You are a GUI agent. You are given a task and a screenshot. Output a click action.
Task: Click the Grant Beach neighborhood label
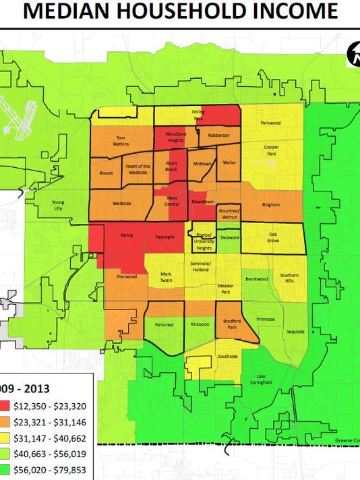[171, 167]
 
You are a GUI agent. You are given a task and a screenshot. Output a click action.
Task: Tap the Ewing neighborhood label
[125, 237]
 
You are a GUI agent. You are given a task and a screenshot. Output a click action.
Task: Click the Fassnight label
[164, 237]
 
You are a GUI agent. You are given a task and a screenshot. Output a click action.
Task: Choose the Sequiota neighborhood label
[295, 331]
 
